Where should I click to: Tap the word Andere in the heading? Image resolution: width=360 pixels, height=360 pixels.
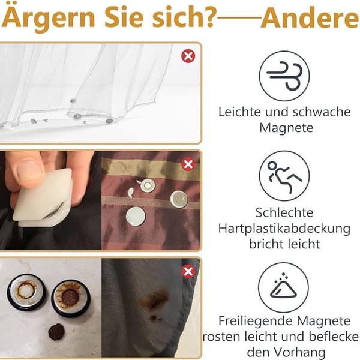coord(310,19)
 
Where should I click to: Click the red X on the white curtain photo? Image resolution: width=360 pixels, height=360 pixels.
coord(188,56)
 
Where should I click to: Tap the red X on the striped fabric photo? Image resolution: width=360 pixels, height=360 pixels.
coord(188,164)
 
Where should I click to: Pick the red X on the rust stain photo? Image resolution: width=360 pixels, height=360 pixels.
coord(188,272)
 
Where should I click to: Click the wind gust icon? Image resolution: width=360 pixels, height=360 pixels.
coord(284,76)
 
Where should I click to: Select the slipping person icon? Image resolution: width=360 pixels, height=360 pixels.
coord(284,176)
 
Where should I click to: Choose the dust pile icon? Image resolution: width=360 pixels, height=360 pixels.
coord(283,287)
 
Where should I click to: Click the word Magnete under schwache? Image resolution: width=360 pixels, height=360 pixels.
coord(286,128)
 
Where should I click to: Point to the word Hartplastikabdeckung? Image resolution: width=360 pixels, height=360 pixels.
coord(284,229)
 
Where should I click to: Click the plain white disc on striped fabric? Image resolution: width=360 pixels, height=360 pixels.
coord(136,217)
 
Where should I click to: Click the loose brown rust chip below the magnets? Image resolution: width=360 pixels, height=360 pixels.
coord(56,332)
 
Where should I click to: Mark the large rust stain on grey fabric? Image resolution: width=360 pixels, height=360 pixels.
coord(154,300)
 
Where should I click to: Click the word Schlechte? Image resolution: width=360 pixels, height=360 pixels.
coord(284,212)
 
